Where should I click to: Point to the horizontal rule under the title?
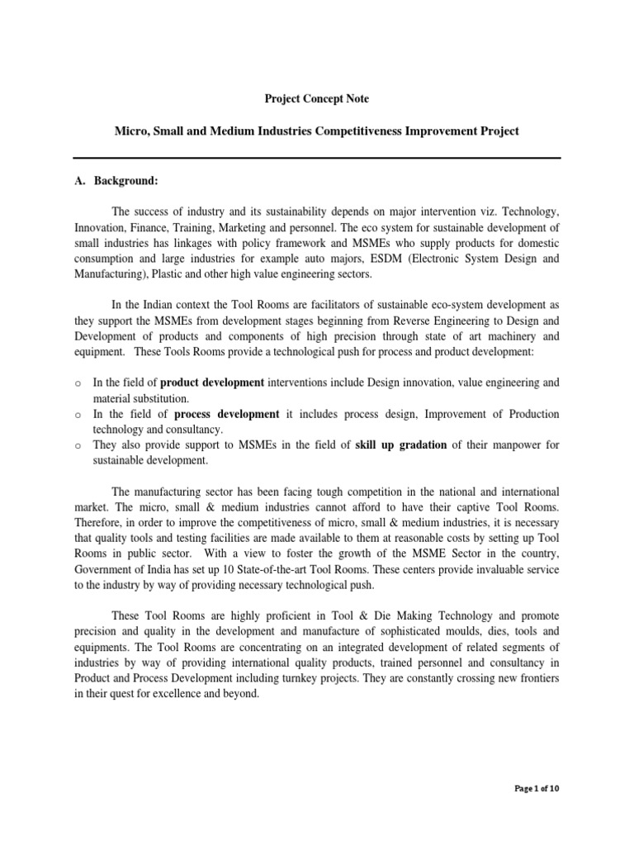317,159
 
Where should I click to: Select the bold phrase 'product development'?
212,383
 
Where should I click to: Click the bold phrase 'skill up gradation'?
401,445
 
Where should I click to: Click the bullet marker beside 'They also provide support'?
77,446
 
